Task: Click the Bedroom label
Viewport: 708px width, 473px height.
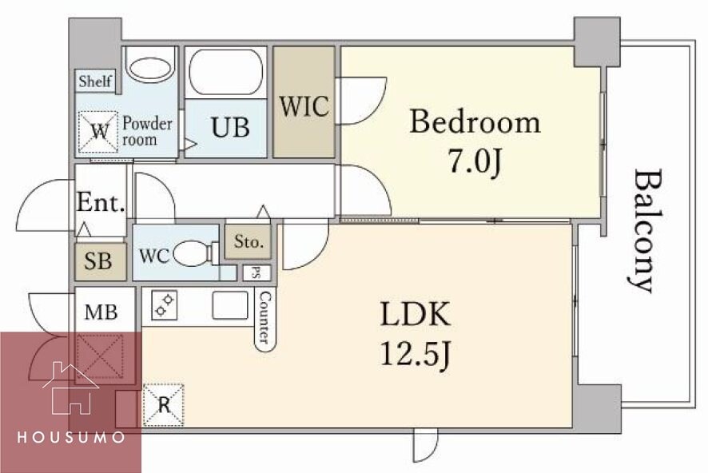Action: click(475, 122)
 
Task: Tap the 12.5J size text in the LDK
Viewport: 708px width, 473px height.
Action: click(416, 354)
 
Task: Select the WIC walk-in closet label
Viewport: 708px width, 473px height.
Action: click(304, 106)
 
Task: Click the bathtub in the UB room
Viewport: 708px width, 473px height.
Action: click(226, 72)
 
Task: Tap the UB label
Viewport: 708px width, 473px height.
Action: click(230, 128)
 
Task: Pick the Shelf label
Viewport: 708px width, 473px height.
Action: click(95, 81)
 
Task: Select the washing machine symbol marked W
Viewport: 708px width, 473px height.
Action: click(99, 131)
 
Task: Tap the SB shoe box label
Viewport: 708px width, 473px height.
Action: click(98, 261)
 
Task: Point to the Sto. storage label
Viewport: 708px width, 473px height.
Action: click(249, 242)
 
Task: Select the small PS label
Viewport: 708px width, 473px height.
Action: click(256, 273)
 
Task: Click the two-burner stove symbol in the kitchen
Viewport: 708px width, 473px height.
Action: click(165, 305)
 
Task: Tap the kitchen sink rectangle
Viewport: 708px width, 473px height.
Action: click(230, 305)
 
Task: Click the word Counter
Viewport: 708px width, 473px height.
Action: click(265, 317)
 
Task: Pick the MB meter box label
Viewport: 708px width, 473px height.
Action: click(101, 312)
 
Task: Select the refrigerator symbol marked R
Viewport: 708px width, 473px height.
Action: click(164, 405)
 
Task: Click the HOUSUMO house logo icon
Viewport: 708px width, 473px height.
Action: click(71, 388)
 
